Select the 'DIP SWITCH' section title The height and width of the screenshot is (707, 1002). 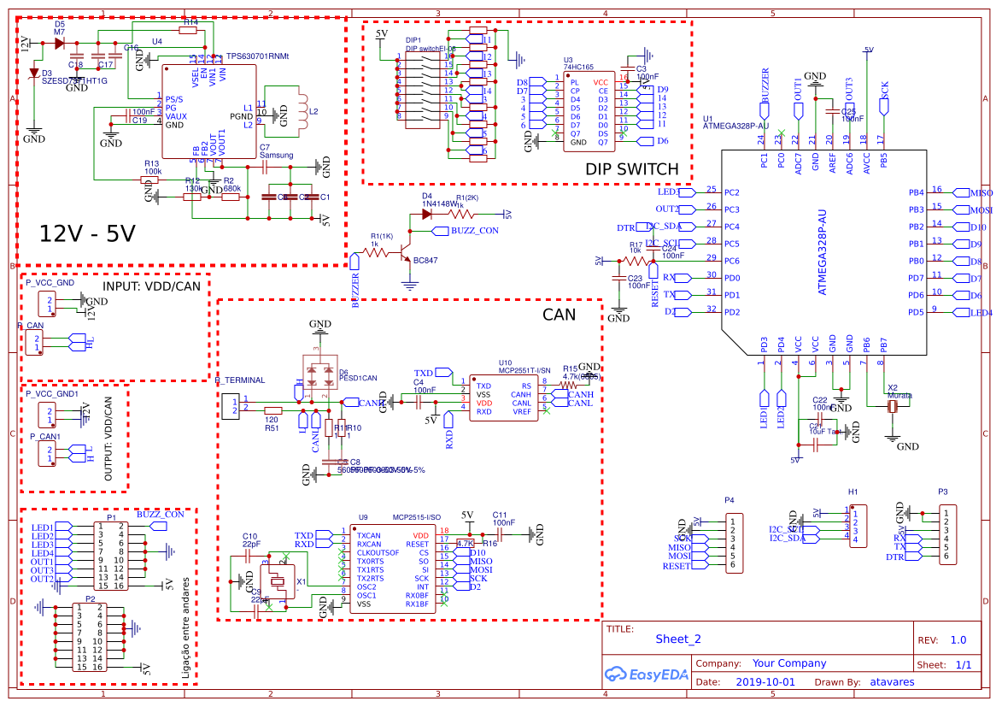click(x=632, y=169)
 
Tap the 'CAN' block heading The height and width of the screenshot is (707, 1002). click(x=560, y=315)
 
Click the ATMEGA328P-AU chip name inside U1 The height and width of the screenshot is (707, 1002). click(x=823, y=252)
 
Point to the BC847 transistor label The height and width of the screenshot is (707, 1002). click(x=425, y=260)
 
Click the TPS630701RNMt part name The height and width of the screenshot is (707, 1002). click(x=257, y=56)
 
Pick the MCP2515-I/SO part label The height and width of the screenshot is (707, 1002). click(x=416, y=517)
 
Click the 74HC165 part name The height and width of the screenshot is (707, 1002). click(x=577, y=66)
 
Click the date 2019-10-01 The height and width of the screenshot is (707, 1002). click(x=765, y=682)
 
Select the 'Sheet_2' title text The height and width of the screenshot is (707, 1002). click(x=678, y=639)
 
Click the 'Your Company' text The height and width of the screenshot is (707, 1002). click(x=789, y=663)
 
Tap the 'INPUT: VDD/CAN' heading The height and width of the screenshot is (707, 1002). click(x=151, y=286)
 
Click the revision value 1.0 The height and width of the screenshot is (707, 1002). click(x=958, y=639)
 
